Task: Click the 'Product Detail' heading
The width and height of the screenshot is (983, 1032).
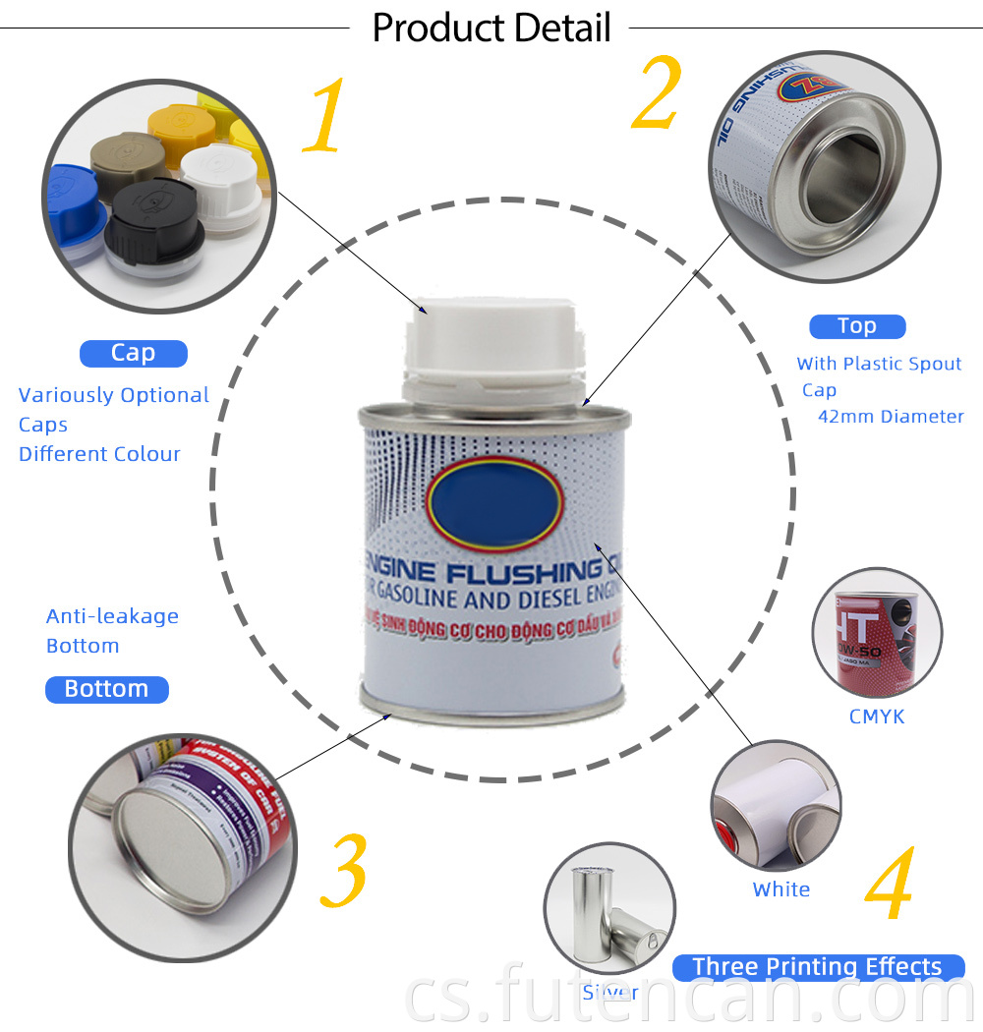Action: tap(491, 28)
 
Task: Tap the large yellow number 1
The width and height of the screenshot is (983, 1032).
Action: tap(325, 118)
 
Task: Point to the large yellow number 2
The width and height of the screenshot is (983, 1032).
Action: tap(656, 93)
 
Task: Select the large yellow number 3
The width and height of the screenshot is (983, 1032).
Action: tap(343, 872)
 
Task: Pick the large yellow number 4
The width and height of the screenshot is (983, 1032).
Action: tap(890, 889)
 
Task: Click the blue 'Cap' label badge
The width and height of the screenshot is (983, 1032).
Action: tap(133, 353)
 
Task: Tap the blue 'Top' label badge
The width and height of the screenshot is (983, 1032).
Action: tap(856, 326)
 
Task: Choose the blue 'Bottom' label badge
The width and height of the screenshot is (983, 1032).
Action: tap(106, 689)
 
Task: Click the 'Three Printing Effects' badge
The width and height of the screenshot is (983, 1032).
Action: tap(817, 967)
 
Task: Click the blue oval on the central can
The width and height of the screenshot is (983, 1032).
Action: tap(493, 500)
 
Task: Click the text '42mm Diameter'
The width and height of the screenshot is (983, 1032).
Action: tap(891, 417)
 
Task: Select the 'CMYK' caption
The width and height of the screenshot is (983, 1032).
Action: tap(877, 717)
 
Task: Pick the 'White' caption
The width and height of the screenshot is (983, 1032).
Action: tap(781, 889)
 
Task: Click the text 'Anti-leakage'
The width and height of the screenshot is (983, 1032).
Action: tap(112, 616)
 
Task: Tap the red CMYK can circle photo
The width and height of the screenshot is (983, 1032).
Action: tap(877, 633)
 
